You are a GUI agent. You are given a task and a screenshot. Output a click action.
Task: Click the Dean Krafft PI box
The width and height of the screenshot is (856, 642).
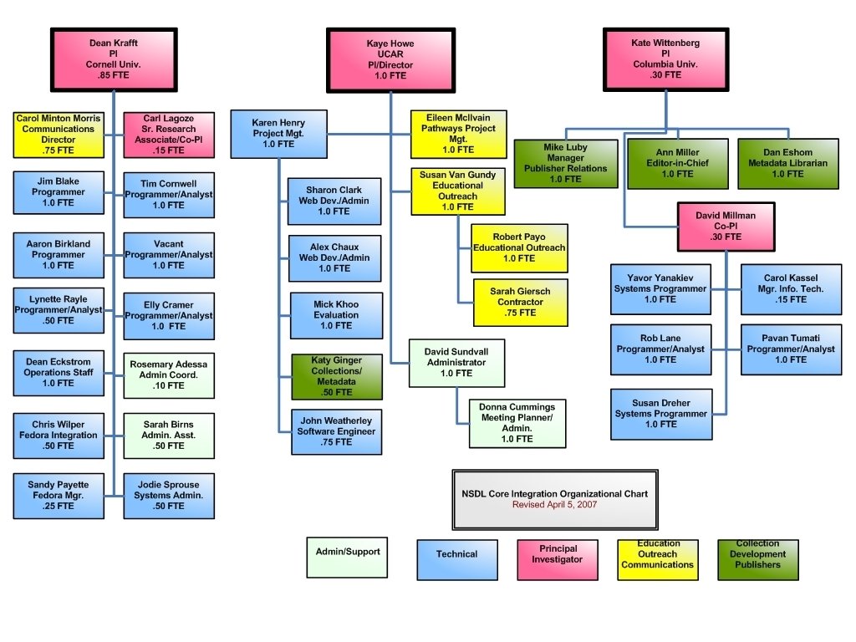[x=114, y=59]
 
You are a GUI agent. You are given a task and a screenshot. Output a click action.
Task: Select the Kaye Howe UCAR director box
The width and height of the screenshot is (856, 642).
[x=390, y=59]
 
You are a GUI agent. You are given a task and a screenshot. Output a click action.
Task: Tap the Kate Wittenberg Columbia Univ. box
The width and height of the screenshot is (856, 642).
[x=665, y=59]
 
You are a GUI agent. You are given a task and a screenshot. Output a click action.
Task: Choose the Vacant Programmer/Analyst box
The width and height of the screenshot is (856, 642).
[x=169, y=255]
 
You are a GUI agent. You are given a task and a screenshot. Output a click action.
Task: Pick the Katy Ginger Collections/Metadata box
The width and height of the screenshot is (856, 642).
[x=337, y=376]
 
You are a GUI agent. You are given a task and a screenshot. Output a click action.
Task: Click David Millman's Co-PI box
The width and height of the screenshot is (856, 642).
[x=726, y=227]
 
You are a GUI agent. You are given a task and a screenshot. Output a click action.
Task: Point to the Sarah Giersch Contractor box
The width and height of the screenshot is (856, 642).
[x=521, y=302]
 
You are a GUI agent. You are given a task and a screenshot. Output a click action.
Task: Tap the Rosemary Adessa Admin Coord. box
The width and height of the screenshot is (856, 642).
[x=169, y=375]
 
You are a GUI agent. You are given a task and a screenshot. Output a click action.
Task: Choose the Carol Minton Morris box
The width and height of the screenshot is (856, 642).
[x=59, y=135]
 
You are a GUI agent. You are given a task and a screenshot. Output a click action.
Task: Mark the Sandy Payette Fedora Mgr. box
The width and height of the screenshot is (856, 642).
[x=59, y=496]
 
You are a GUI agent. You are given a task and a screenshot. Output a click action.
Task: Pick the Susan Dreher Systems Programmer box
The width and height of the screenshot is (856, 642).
[x=661, y=414]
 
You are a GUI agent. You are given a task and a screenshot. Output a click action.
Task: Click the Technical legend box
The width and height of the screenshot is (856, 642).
[x=456, y=558]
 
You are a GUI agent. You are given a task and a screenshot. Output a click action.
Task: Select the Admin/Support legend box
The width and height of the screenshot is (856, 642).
[x=348, y=557]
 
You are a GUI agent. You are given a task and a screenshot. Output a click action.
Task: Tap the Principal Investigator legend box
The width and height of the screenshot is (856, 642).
[x=558, y=558]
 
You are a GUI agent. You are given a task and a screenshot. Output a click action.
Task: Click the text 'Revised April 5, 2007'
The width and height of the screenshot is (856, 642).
[x=555, y=505]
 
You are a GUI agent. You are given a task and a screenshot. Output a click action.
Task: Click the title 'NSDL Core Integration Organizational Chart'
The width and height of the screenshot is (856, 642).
[x=555, y=494]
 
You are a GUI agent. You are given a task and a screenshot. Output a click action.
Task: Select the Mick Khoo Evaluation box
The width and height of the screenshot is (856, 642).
[x=336, y=315]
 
